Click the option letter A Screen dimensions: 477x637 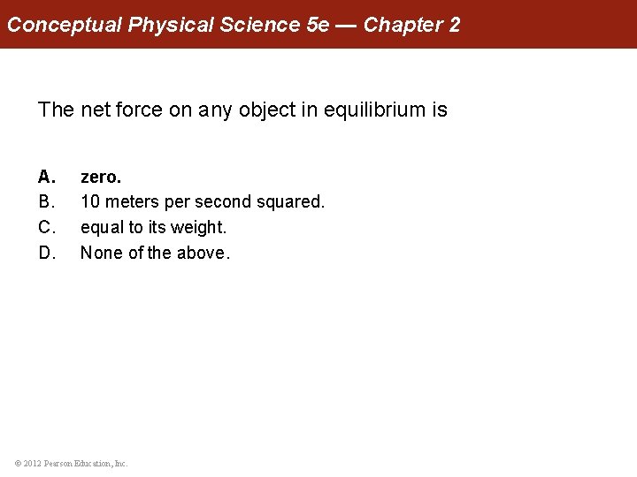point(46,176)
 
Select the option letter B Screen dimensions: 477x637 point(46,201)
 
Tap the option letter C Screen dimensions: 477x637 point(46,227)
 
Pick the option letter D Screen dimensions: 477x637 point(46,253)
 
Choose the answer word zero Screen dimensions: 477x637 point(101,176)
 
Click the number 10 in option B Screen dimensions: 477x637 point(90,201)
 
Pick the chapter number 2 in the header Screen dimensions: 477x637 point(455,25)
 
